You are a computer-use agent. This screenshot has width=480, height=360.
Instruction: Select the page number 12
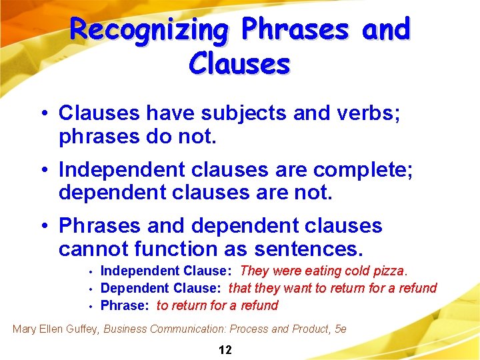[225, 350]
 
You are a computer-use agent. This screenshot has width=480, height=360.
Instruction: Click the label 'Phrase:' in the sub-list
[125, 305]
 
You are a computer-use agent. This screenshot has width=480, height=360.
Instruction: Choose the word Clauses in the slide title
[239, 64]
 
